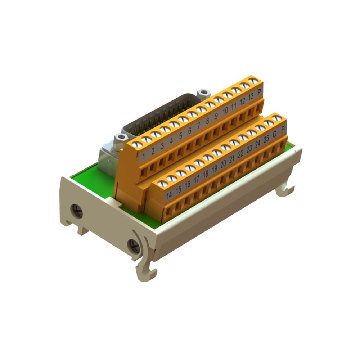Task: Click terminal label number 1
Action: point(144,156)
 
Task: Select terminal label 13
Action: point(251,96)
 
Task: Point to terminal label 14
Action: point(169,194)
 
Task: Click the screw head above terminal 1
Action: point(137,145)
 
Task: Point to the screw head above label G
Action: point(269,123)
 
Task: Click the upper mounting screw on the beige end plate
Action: point(76,211)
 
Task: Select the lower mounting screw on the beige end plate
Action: point(134,246)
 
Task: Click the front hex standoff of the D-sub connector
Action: point(120,138)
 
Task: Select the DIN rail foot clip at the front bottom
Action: point(146,270)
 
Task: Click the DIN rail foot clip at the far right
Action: point(286,189)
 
